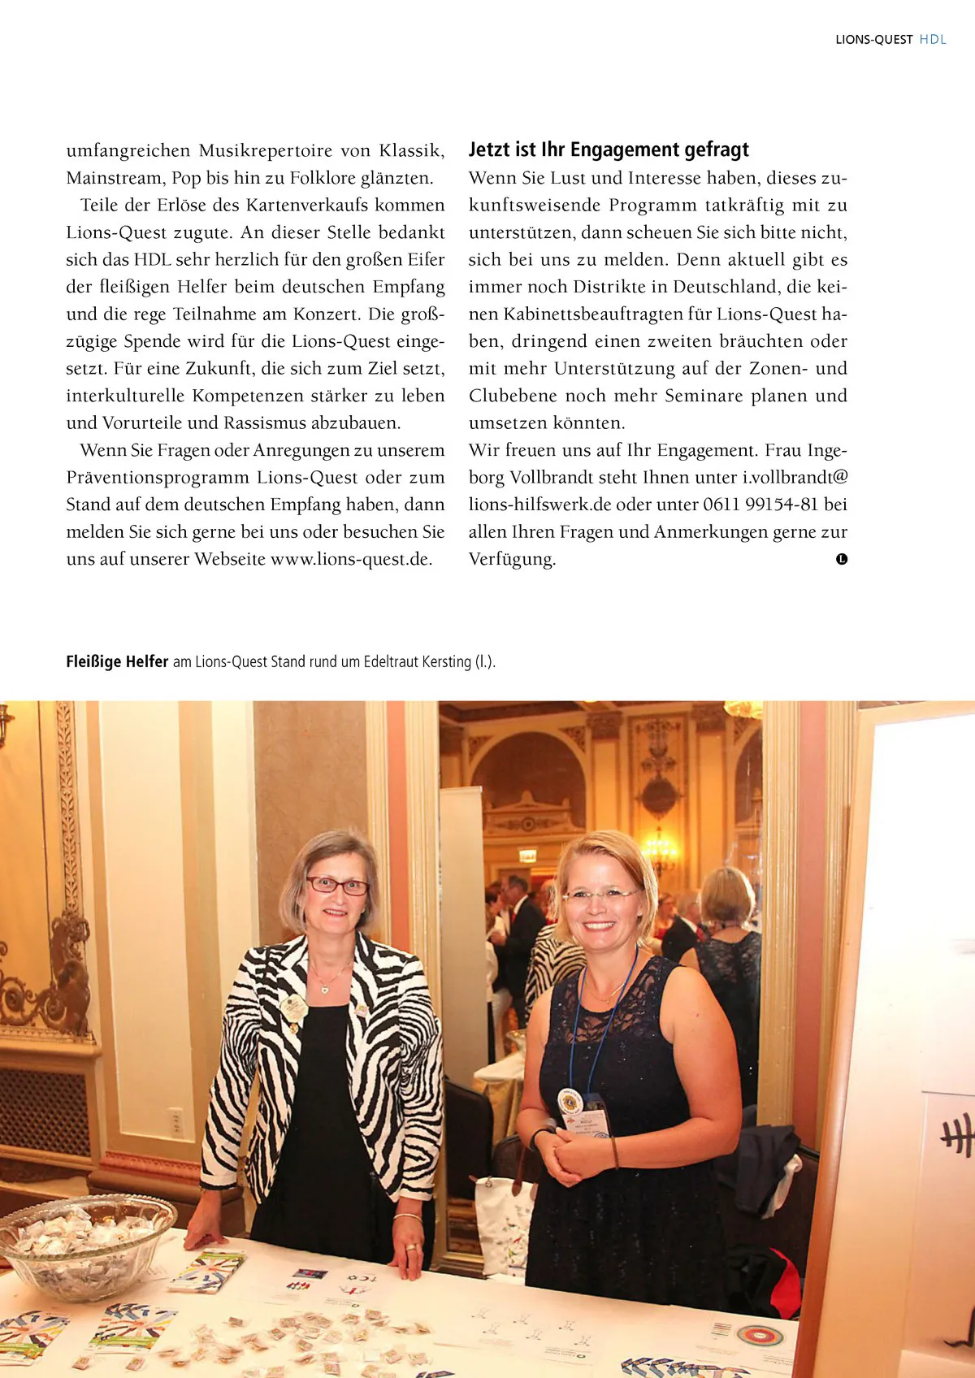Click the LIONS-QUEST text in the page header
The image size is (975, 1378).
click(873, 40)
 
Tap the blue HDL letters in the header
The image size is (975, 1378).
click(933, 40)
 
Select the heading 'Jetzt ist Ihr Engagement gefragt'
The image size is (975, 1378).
click(609, 149)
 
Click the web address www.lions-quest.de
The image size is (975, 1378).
click(350, 559)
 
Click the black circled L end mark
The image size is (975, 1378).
click(842, 559)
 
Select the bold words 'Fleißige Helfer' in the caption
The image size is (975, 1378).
click(117, 661)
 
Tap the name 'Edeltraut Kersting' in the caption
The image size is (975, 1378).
click(417, 661)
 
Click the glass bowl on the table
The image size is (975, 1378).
click(85, 1243)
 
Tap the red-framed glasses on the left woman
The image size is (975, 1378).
click(337, 885)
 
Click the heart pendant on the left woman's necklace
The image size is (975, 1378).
click(324, 989)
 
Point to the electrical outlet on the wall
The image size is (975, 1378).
click(175, 1122)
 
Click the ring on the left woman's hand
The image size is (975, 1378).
click(411, 1246)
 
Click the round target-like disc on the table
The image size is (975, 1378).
click(760, 1334)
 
